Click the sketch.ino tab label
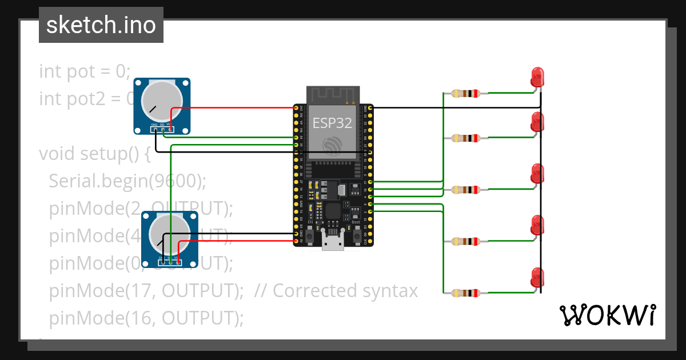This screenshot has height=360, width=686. (101, 25)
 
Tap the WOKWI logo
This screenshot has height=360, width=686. (607, 315)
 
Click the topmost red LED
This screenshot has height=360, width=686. (537, 77)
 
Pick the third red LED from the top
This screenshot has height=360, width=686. (537, 174)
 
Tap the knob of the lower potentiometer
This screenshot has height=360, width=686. (169, 234)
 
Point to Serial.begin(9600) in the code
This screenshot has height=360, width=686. (127, 181)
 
